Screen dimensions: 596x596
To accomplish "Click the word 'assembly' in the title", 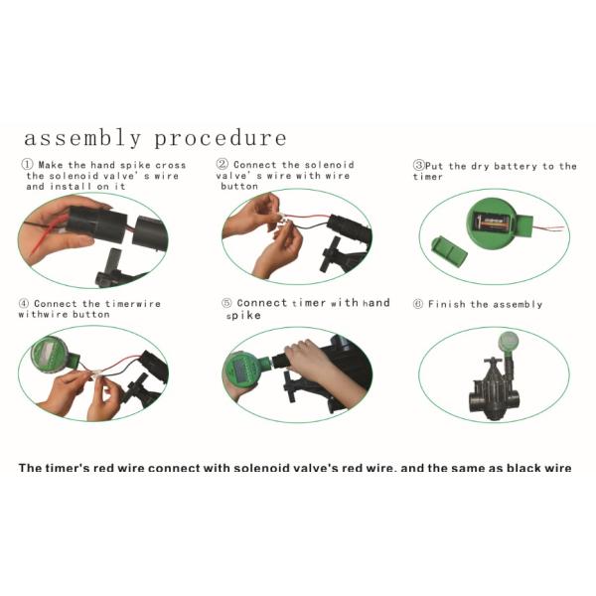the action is (82, 138).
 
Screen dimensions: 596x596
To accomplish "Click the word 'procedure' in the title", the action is (221, 138).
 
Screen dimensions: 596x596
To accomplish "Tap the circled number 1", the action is (27, 165).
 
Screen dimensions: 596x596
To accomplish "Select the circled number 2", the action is (223, 164).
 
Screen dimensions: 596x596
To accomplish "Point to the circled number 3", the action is (418, 165).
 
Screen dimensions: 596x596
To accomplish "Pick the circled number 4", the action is (24, 303).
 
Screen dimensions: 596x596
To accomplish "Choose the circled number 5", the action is (226, 303).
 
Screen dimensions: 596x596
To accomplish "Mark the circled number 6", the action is (418, 304).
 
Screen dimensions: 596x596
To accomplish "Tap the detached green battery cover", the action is (449, 252).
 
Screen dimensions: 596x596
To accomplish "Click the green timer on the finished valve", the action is (509, 342).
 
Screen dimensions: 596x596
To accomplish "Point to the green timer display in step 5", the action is (242, 371).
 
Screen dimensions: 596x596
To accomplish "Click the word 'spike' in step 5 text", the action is (243, 316).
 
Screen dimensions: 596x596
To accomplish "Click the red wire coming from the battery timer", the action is (548, 228).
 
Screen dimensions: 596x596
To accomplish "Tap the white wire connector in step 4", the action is (97, 373).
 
